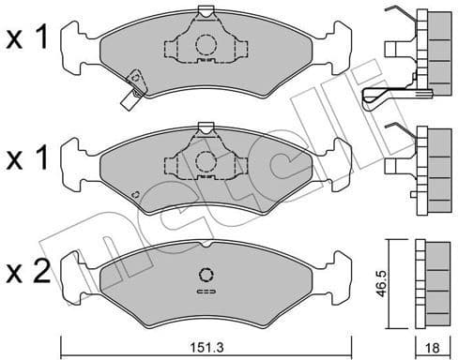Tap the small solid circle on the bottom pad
(206, 275)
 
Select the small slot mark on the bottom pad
(206, 293)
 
